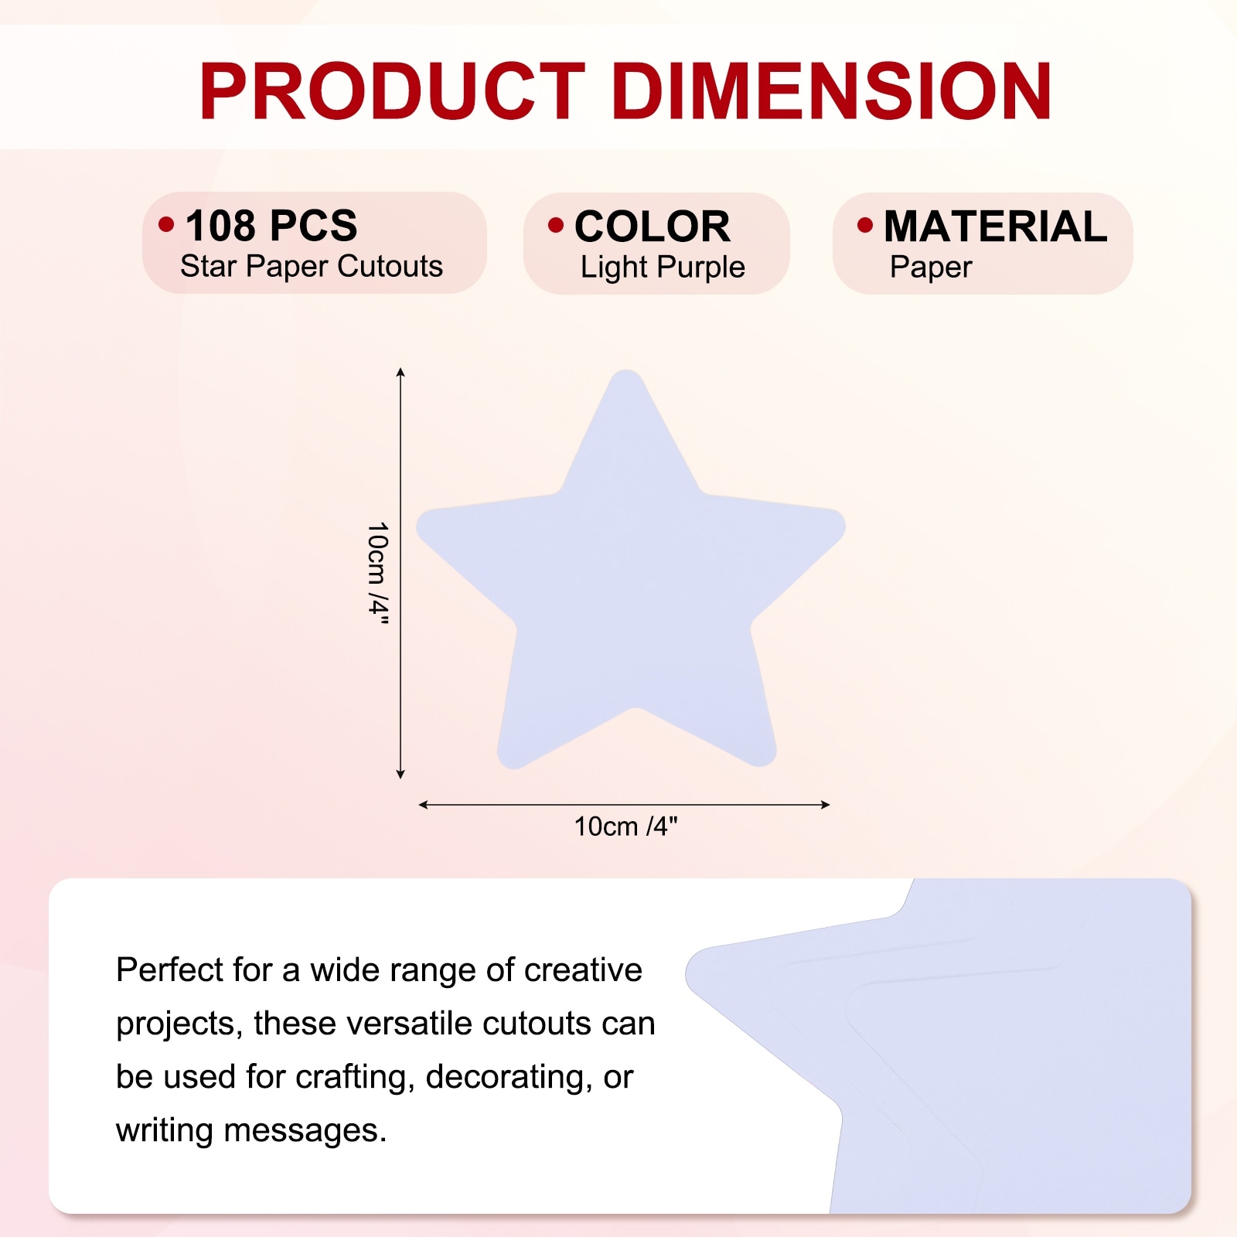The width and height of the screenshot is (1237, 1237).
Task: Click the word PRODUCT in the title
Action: click(392, 90)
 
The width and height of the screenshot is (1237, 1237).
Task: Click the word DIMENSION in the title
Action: click(832, 90)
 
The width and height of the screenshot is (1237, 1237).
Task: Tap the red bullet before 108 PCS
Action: click(166, 224)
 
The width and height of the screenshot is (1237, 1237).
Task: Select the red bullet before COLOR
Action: click(556, 225)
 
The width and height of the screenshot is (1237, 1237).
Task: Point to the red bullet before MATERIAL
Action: click(865, 225)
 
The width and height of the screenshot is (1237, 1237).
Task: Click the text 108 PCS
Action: click(271, 226)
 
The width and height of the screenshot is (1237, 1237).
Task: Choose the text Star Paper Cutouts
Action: click(312, 267)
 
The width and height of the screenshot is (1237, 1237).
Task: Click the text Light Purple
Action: click(663, 268)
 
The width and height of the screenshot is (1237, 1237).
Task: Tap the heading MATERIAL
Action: click(996, 227)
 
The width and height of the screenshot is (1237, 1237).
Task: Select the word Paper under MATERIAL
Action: click(931, 268)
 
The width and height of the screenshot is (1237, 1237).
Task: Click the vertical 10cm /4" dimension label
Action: click(378, 573)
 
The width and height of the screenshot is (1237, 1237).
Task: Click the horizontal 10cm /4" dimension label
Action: click(625, 826)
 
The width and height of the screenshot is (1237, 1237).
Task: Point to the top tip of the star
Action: click(627, 372)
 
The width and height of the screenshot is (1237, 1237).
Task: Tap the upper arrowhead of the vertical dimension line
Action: click(400, 372)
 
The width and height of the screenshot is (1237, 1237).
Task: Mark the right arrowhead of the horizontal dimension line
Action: click(826, 805)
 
